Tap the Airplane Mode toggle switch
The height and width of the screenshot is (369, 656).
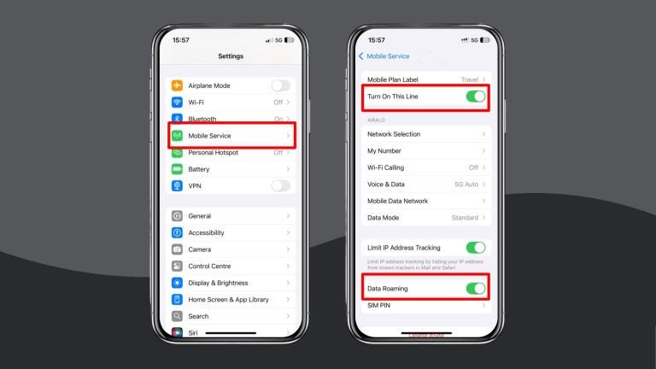[280, 85]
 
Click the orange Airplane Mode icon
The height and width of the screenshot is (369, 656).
[178, 85]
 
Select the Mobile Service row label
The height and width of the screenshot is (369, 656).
[209, 136]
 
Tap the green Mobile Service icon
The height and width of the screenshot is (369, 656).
[178, 136]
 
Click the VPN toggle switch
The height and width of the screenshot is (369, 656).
[280, 185]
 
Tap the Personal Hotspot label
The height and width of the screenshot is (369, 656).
[213, 153]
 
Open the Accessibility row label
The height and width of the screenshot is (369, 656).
[207, 232]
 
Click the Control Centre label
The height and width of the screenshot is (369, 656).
[210, 266]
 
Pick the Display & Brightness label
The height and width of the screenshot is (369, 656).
[218, 283]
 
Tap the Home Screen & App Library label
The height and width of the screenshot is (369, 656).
[228, 300]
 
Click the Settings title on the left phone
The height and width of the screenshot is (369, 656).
[231, 56]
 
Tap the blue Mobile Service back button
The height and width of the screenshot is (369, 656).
[384, 56]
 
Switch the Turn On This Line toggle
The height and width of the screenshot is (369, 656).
[476, 97]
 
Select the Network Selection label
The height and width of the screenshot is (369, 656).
[394, 134]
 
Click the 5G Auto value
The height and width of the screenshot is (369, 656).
[466, 184]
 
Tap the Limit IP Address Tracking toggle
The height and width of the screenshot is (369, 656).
[476, 248]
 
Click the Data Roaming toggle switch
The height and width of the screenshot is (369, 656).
[476, 289]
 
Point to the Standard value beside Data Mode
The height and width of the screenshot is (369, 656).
[465, 218]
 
